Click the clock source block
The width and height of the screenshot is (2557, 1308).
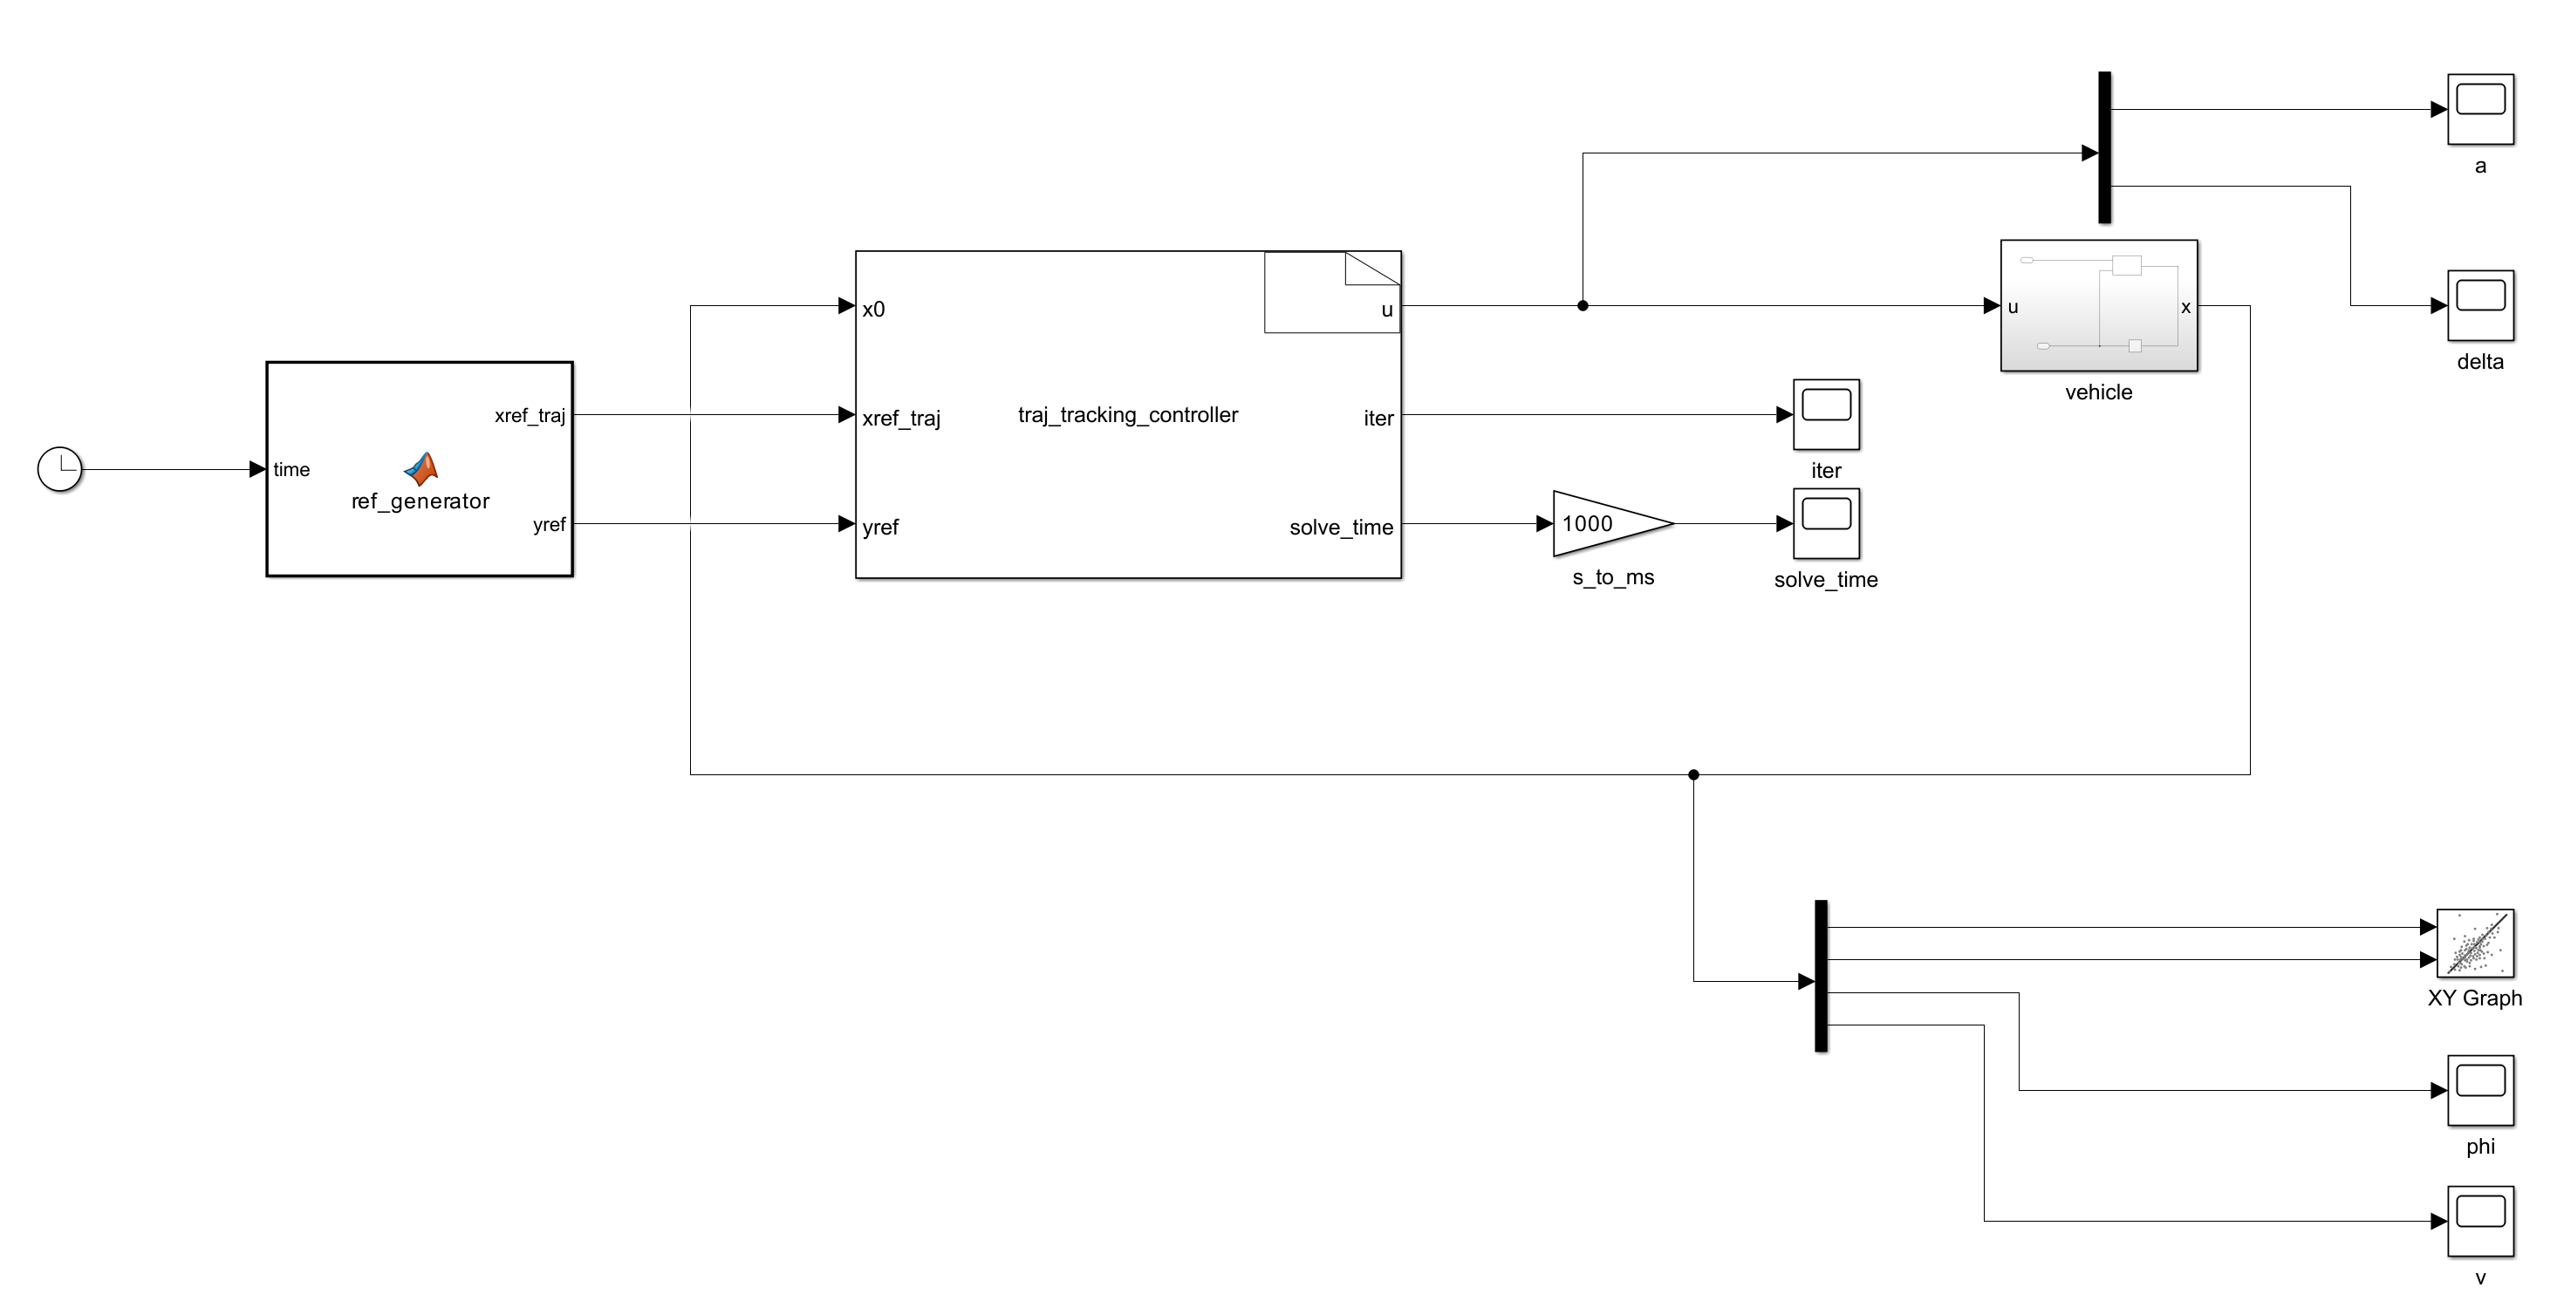[x=59, y=468]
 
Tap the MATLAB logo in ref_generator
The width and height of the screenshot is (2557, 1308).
[x=420, y=467]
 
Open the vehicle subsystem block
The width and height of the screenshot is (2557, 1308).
[x=2097, y=306]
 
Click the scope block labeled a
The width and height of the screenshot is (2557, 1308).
[x=2479, y=109]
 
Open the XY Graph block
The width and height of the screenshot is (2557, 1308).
[x=2475, y=943]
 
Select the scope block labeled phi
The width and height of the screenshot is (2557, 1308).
[x=2479, y=1090]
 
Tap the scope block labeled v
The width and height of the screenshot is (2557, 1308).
[x=2479, y=1221]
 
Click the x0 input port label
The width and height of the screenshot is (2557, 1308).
[x=873, y=310]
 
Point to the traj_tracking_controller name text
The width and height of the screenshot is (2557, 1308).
[x=1128, y=415]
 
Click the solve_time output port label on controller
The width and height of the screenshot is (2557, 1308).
[x=1340, y=527]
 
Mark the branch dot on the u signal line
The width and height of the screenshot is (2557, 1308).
[x=1583, y=306]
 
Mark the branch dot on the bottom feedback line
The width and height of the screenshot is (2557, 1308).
[x=1693, y=774]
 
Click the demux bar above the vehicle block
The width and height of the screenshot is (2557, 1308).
[x=2104, y=146]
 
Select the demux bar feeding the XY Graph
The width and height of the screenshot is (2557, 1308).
[x=1821, y=976]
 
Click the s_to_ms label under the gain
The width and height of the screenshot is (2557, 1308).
[x=1613, y=576]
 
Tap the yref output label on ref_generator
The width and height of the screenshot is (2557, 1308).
[x=549, y=524]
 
